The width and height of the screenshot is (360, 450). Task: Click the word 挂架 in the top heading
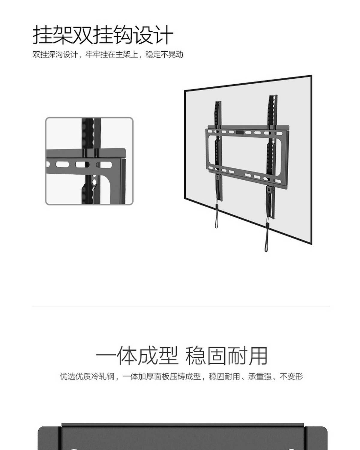coord(52,35)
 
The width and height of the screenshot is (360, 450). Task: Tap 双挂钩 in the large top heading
coord(103,35)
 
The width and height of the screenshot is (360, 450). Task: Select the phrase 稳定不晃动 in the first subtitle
coord(164,55)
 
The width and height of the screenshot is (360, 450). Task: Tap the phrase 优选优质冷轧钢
coord(87,376)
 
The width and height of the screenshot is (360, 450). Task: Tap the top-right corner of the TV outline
coord(311,76)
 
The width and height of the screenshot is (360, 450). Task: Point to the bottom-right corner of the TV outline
coord(311,244)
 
